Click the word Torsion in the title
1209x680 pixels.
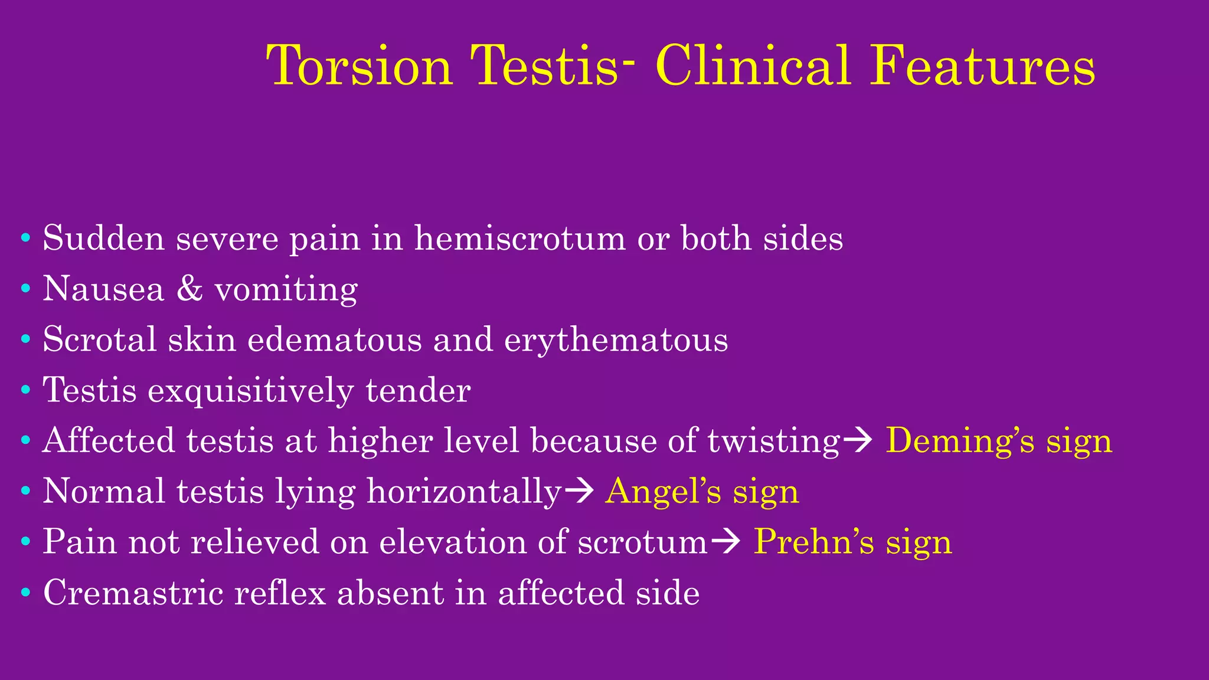[x=360, y=66]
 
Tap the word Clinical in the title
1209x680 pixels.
[x=753, y=66]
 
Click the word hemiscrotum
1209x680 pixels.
[x=519, y=238]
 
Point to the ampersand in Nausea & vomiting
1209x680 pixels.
[x=189, y=289]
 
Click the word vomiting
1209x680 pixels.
[x=286, y=290]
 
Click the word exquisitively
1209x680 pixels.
[x=250, y=391]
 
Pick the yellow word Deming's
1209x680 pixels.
[x=960, y=441]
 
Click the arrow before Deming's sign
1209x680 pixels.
[x=857, y=442]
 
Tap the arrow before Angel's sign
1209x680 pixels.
[x=579, y=492]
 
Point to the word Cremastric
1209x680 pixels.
[x=133, y=593]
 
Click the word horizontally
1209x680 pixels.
[x=464, y=492]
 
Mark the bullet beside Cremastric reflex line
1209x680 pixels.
[x=25, y=593]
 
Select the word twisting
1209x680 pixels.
[x=774, y=442]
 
